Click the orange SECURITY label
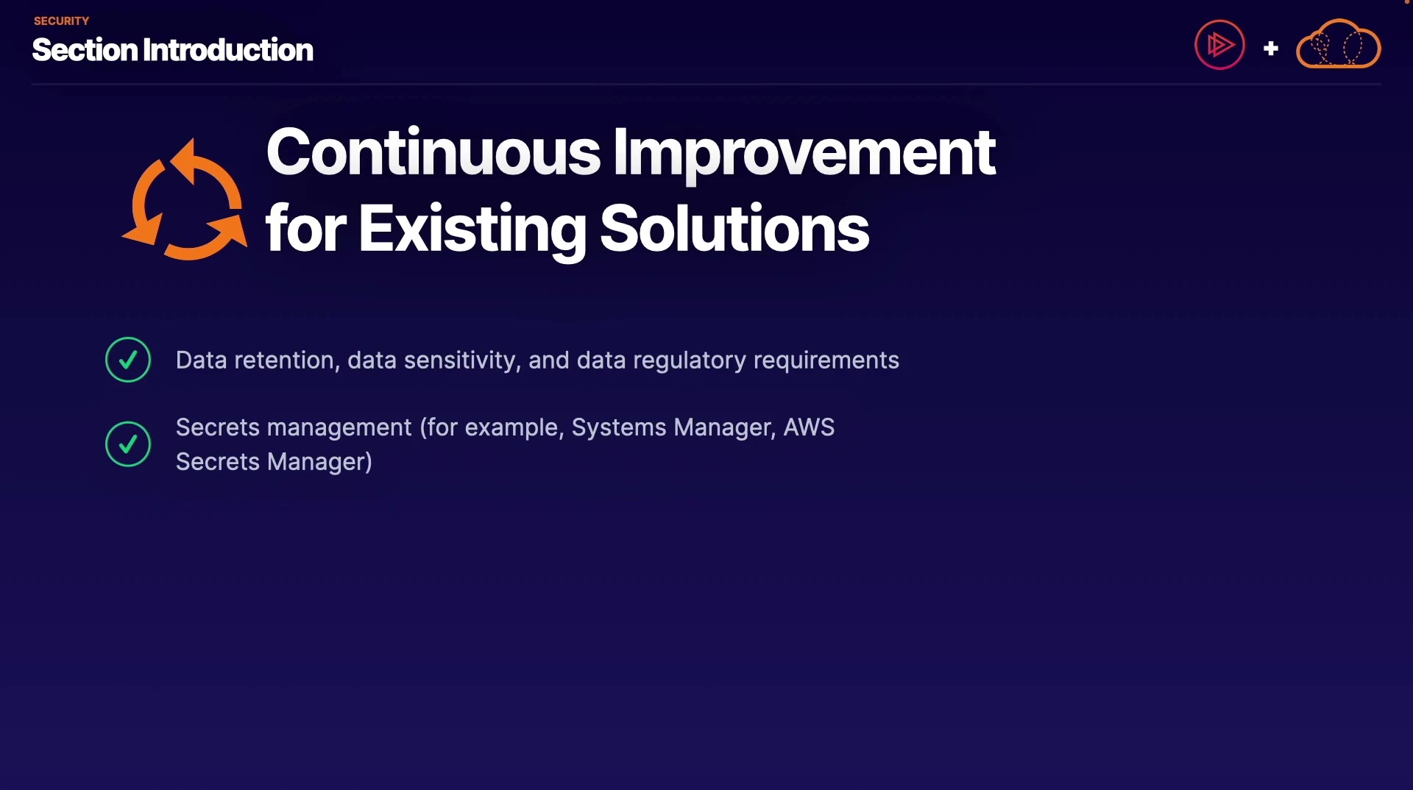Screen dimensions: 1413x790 tap(61, 21)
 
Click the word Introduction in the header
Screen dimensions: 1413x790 tap(228, 50)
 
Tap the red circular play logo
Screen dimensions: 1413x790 tap(1219, 45)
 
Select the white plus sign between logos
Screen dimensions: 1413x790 tap(1271, 49)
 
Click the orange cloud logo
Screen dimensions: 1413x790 tap(1339, 44)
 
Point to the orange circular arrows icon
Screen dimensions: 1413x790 tap(185, 199)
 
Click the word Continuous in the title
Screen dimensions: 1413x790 tap(433, 152)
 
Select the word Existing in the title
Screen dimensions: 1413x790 tap(472, 229)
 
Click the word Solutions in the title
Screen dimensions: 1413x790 tap(734, 229)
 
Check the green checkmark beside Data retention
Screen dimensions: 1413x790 tap(128, 360)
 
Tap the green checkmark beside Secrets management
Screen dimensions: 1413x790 tap(128, 444)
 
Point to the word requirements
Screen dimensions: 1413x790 tap(826, 360)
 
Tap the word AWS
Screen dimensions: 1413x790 tap(809, 427)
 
